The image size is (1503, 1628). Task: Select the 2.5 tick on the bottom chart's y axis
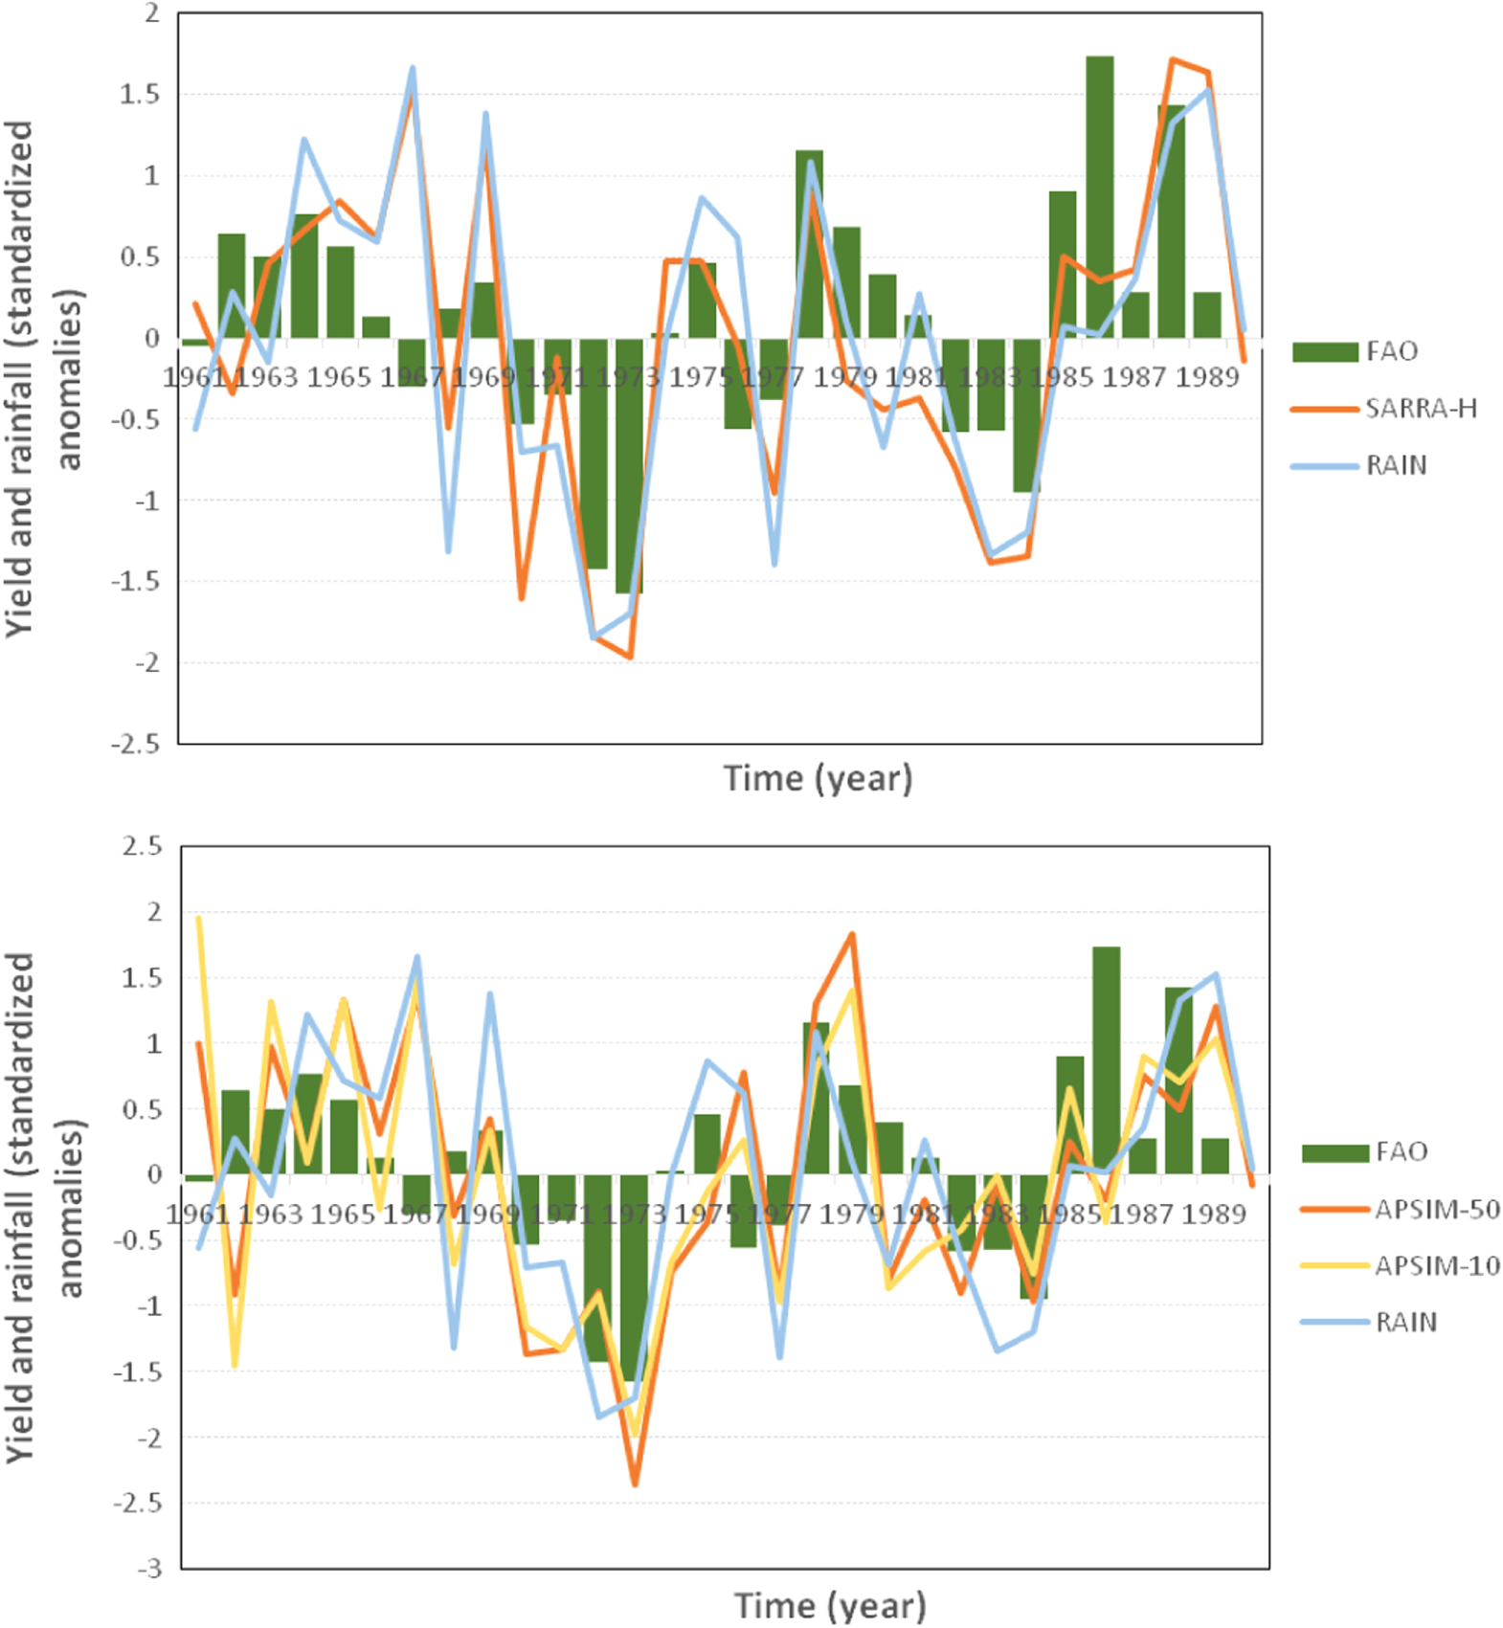(141, 847)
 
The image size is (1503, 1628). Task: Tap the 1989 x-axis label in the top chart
(1207, 377)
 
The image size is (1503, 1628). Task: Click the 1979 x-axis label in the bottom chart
(851, 1214)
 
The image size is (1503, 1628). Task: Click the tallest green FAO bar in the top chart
(1099, 196)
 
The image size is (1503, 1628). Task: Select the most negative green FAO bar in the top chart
(629, 466)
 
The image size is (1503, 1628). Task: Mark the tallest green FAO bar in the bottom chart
(1106, 1060)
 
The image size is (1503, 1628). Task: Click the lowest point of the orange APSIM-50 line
(634, 1483)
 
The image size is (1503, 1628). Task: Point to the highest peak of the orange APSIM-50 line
(852, 934)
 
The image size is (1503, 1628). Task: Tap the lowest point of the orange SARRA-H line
(630, 658)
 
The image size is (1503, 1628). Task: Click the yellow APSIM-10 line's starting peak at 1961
(198, 918)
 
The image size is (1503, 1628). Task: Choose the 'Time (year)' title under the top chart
(818, 778)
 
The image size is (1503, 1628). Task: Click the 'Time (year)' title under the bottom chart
(829, 1605)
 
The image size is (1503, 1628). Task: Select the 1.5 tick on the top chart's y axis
(140, 95)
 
